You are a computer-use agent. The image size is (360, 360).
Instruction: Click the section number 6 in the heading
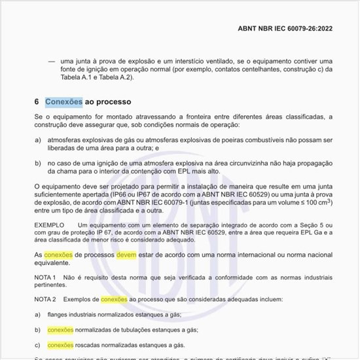(37, 102)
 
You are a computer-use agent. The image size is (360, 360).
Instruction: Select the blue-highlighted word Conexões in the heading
(63, 102)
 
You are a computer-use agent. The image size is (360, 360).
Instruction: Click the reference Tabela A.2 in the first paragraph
(114, 77)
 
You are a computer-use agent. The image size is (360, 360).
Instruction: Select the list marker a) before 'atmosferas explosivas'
(38, 139)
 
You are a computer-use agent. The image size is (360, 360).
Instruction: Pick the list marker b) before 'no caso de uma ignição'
(38, 162)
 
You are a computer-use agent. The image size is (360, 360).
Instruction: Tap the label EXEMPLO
(50, 225)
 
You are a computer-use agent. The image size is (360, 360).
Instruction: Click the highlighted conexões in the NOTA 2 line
(114, 299)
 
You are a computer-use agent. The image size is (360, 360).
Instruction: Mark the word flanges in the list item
(60, 315)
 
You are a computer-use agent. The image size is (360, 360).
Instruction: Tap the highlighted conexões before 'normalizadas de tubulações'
(60, 330)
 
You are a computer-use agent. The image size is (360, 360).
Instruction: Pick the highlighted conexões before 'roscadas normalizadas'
(60, 344)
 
